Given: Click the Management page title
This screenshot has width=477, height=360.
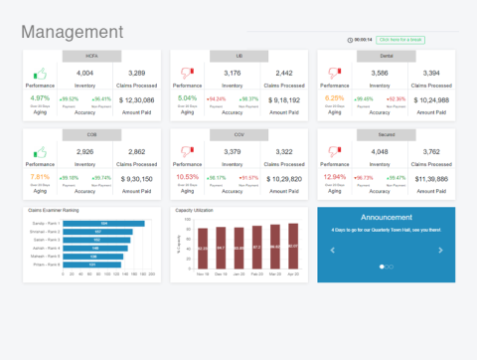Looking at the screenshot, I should [x=72, y=33].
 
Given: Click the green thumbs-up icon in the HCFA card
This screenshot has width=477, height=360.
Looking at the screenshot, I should [x=41, y=74].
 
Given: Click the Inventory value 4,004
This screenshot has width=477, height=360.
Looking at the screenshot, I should [x=85, y=73].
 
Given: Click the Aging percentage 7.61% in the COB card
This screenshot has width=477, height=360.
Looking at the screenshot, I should [x=41, y=177].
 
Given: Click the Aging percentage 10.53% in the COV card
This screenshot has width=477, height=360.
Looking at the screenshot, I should [x=187, y=177].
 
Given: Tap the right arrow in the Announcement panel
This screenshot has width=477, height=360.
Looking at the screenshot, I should [x=440, y=250].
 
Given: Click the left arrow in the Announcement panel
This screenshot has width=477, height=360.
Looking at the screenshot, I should [x=333, y=250].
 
